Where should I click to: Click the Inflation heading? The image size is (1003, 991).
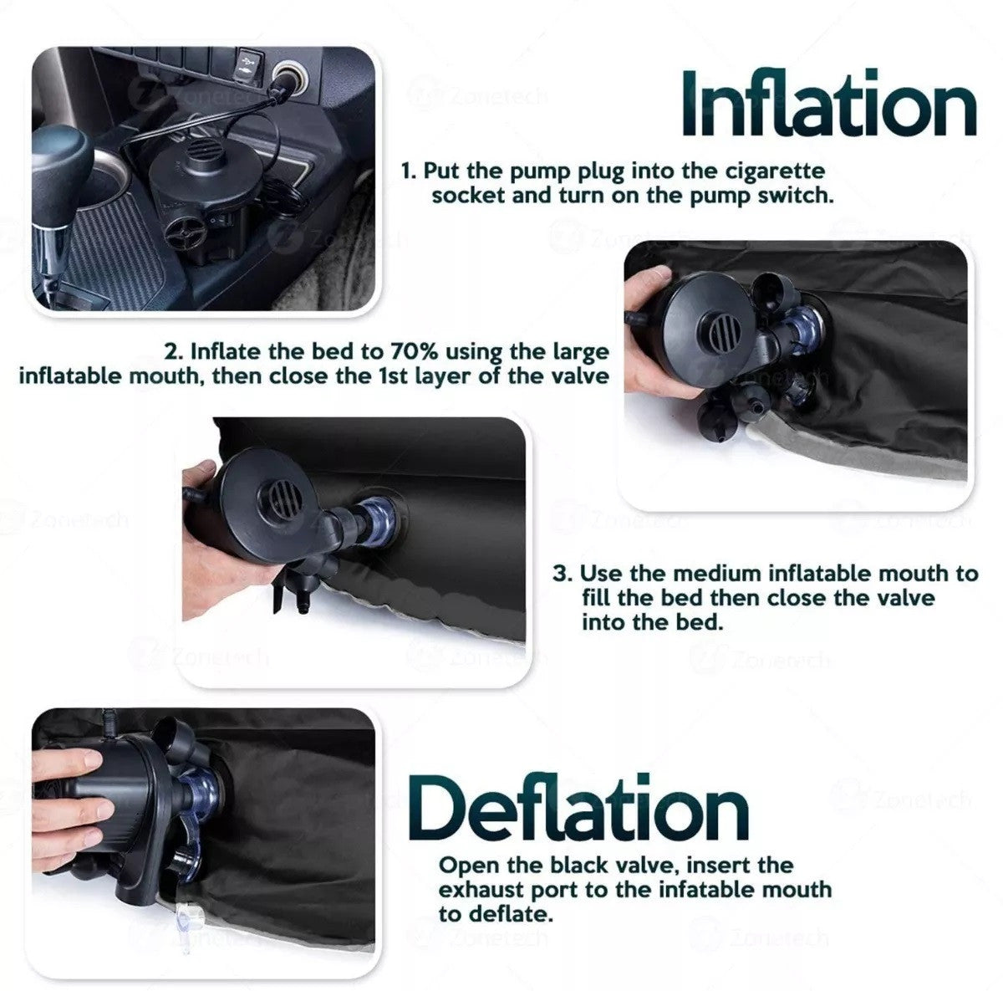coord(827,104)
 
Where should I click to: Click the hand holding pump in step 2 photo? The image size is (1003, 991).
coord(656,335)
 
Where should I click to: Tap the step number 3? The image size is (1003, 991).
coord(563,574)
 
